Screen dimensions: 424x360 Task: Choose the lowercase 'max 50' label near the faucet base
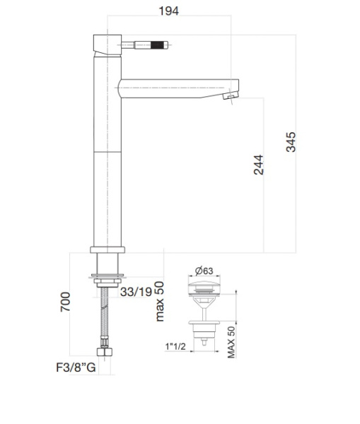coord(160,301)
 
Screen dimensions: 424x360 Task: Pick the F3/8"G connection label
coord(75,367)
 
